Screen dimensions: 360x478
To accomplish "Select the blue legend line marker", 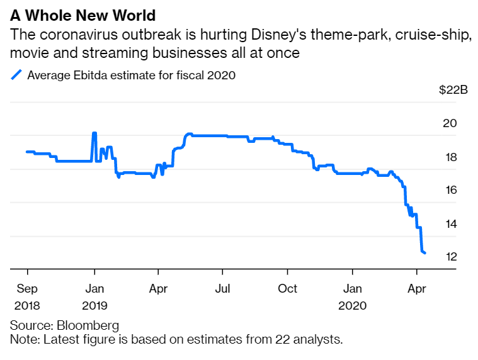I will point(17,76).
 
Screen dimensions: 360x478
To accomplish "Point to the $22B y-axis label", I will point(453,90).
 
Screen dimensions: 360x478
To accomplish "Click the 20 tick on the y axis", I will point(450,123).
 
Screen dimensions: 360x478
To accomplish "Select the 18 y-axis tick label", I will point(450,157).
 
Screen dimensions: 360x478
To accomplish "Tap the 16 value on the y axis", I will point(450,190).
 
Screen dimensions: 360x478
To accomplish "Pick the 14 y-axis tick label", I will point(450,223).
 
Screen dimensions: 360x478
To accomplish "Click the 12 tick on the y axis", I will point(450,257).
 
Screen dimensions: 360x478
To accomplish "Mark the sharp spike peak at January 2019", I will point(94,133).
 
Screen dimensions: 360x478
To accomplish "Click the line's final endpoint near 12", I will point(425,253).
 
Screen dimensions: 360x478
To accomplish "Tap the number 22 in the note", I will point(283,340).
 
